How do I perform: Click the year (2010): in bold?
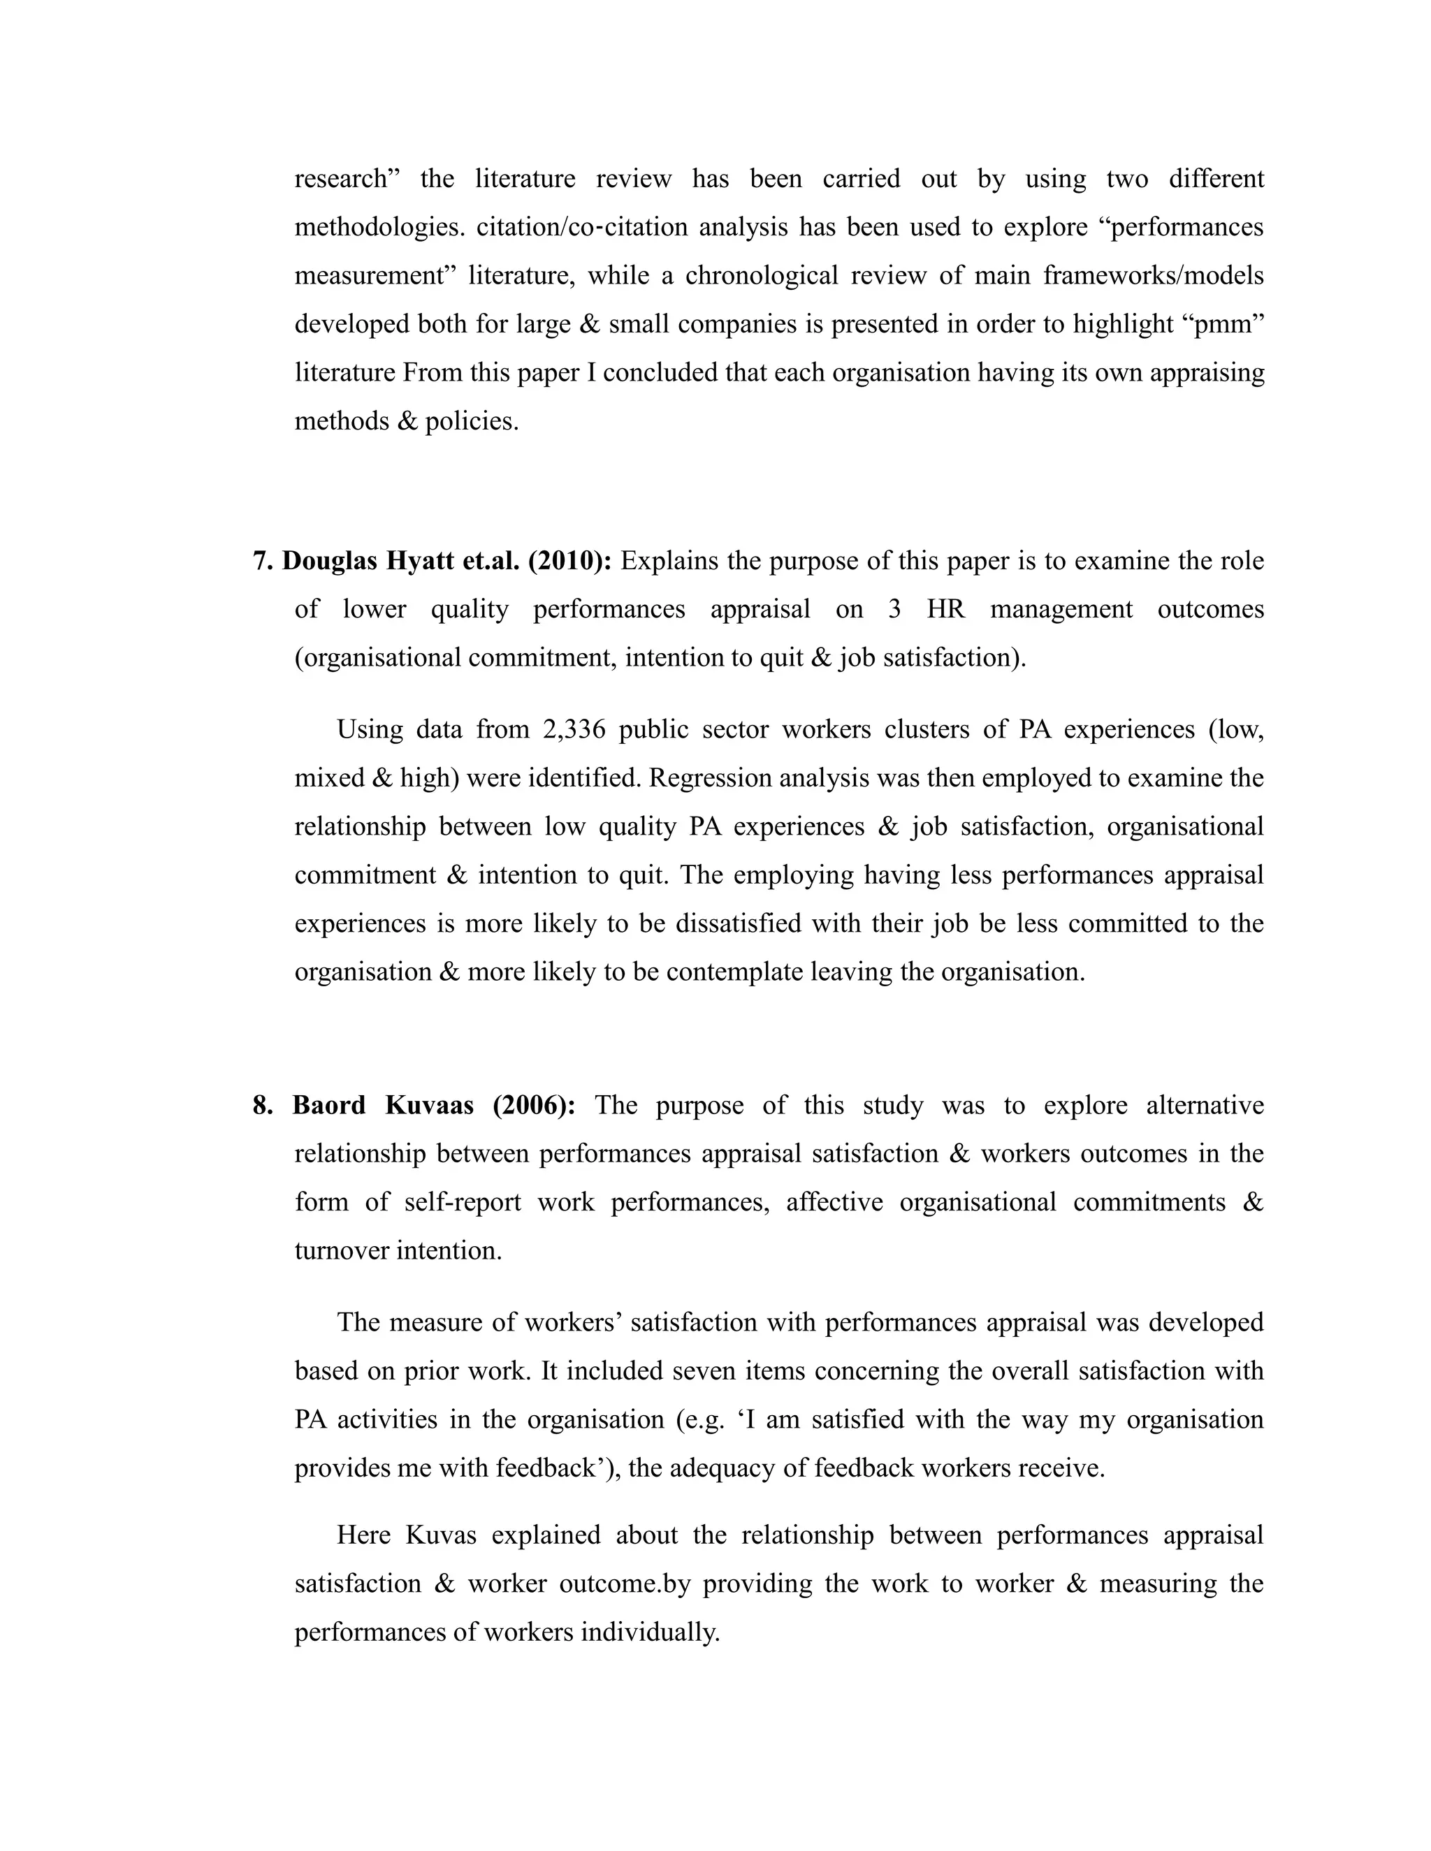coord(569,561)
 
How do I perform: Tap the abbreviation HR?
coord(945,609)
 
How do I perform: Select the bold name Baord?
coord(329,1105)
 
